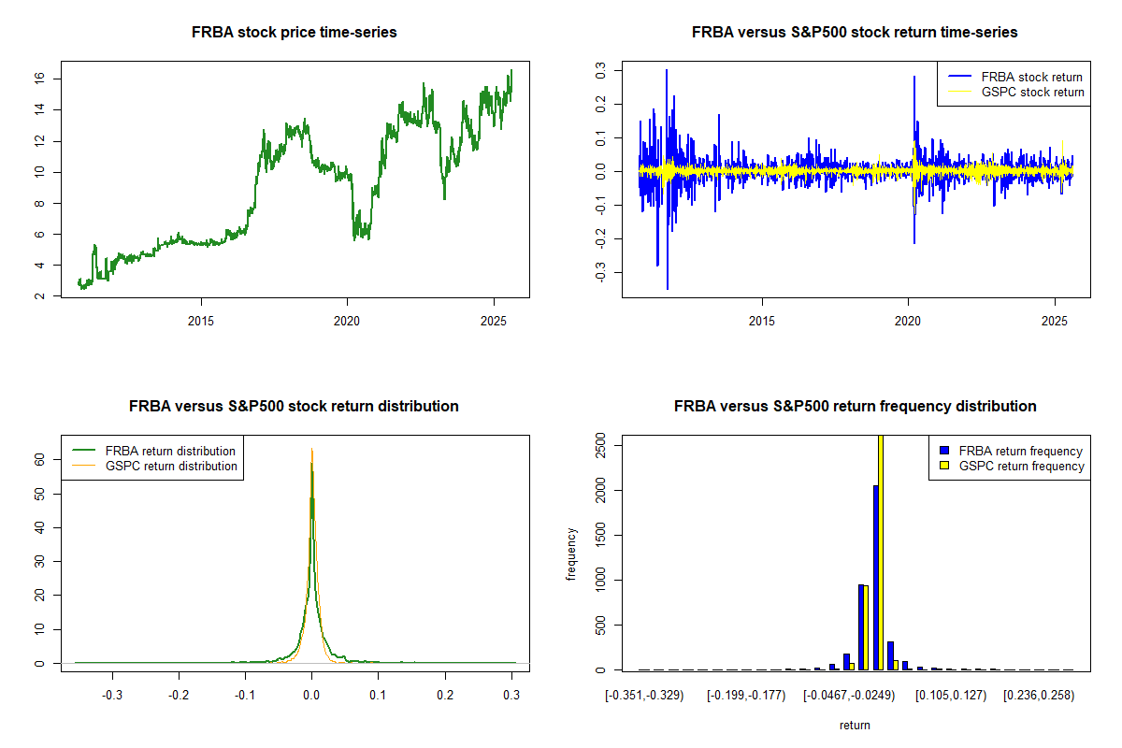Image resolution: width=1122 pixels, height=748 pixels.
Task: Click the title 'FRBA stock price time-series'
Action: click(295, 33)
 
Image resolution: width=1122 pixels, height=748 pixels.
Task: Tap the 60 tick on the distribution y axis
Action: click(40, 459)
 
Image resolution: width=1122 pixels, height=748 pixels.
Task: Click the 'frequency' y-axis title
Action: click(571, 554)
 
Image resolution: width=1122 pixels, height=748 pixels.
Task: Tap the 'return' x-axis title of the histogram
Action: click(855, 725)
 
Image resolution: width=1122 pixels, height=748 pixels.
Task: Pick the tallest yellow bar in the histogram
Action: click(881, 552)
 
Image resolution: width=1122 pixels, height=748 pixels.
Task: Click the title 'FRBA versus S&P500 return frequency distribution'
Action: click(855, 407)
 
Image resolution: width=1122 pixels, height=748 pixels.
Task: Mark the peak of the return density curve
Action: click(311, 450)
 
